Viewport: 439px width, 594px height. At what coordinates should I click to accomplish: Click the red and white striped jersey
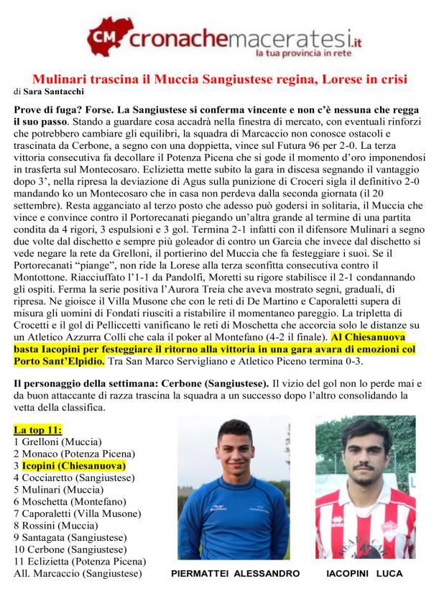pyautogui.click(x=366, y=532)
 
